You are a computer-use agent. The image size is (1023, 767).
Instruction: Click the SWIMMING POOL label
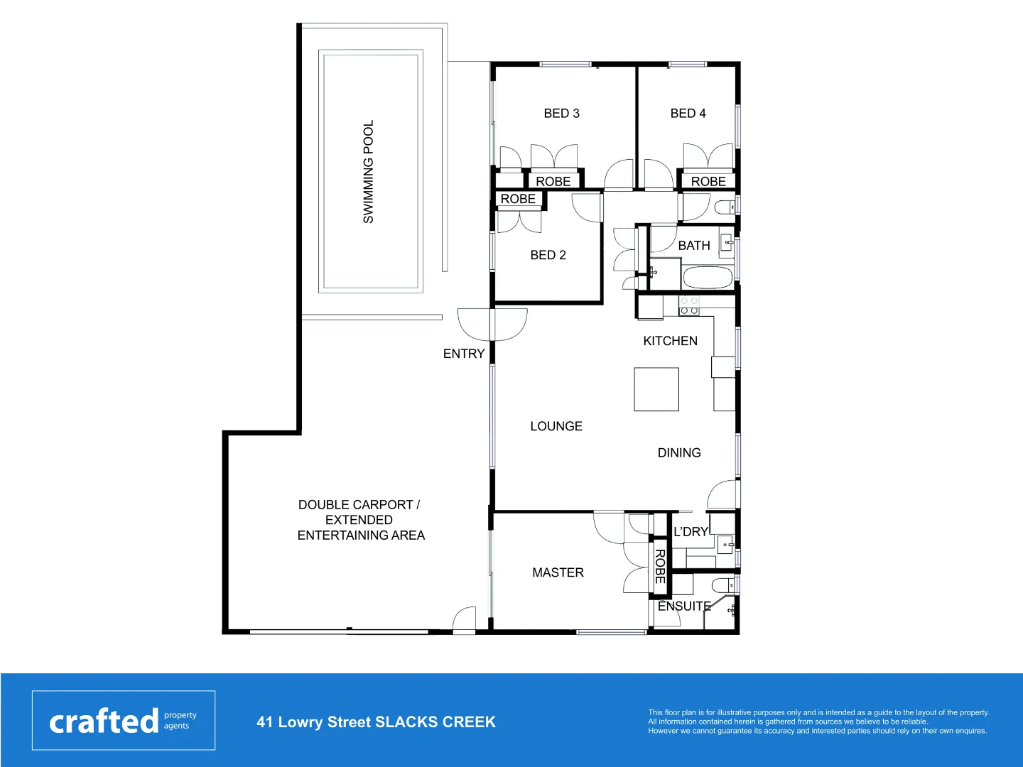click(368, 172)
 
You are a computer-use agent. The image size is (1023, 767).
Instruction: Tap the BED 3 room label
click(561, 114)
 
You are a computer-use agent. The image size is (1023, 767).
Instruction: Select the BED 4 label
click(688, 114)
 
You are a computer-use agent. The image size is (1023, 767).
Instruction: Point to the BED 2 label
click(548, 255)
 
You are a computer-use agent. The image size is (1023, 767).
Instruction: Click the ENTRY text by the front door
click(464, 354)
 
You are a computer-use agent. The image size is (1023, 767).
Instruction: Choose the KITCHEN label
click(670, 341)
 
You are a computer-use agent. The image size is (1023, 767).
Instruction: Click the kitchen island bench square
click(656, 389)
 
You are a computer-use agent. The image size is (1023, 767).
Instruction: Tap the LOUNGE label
click(556, 426)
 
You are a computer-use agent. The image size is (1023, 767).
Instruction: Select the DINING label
click(679, 453)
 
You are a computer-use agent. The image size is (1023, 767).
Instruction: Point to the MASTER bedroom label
click(558, 572)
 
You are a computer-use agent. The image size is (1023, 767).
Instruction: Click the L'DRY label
click(691, 532)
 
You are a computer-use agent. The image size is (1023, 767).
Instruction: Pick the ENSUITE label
click(684, 606)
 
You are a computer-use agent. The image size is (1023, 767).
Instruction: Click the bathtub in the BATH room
click(708, 278)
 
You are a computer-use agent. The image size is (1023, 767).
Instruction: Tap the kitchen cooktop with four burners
click(689, 306)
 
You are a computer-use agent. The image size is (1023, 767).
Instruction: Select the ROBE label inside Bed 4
click(708, 182)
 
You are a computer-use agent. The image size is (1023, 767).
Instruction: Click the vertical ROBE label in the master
click(659, 567)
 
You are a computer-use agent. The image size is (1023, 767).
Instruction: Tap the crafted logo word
click(104, 722)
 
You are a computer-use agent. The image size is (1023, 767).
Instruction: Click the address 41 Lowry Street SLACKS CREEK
click(376, 722)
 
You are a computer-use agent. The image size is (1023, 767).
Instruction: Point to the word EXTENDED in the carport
click(359, 520)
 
